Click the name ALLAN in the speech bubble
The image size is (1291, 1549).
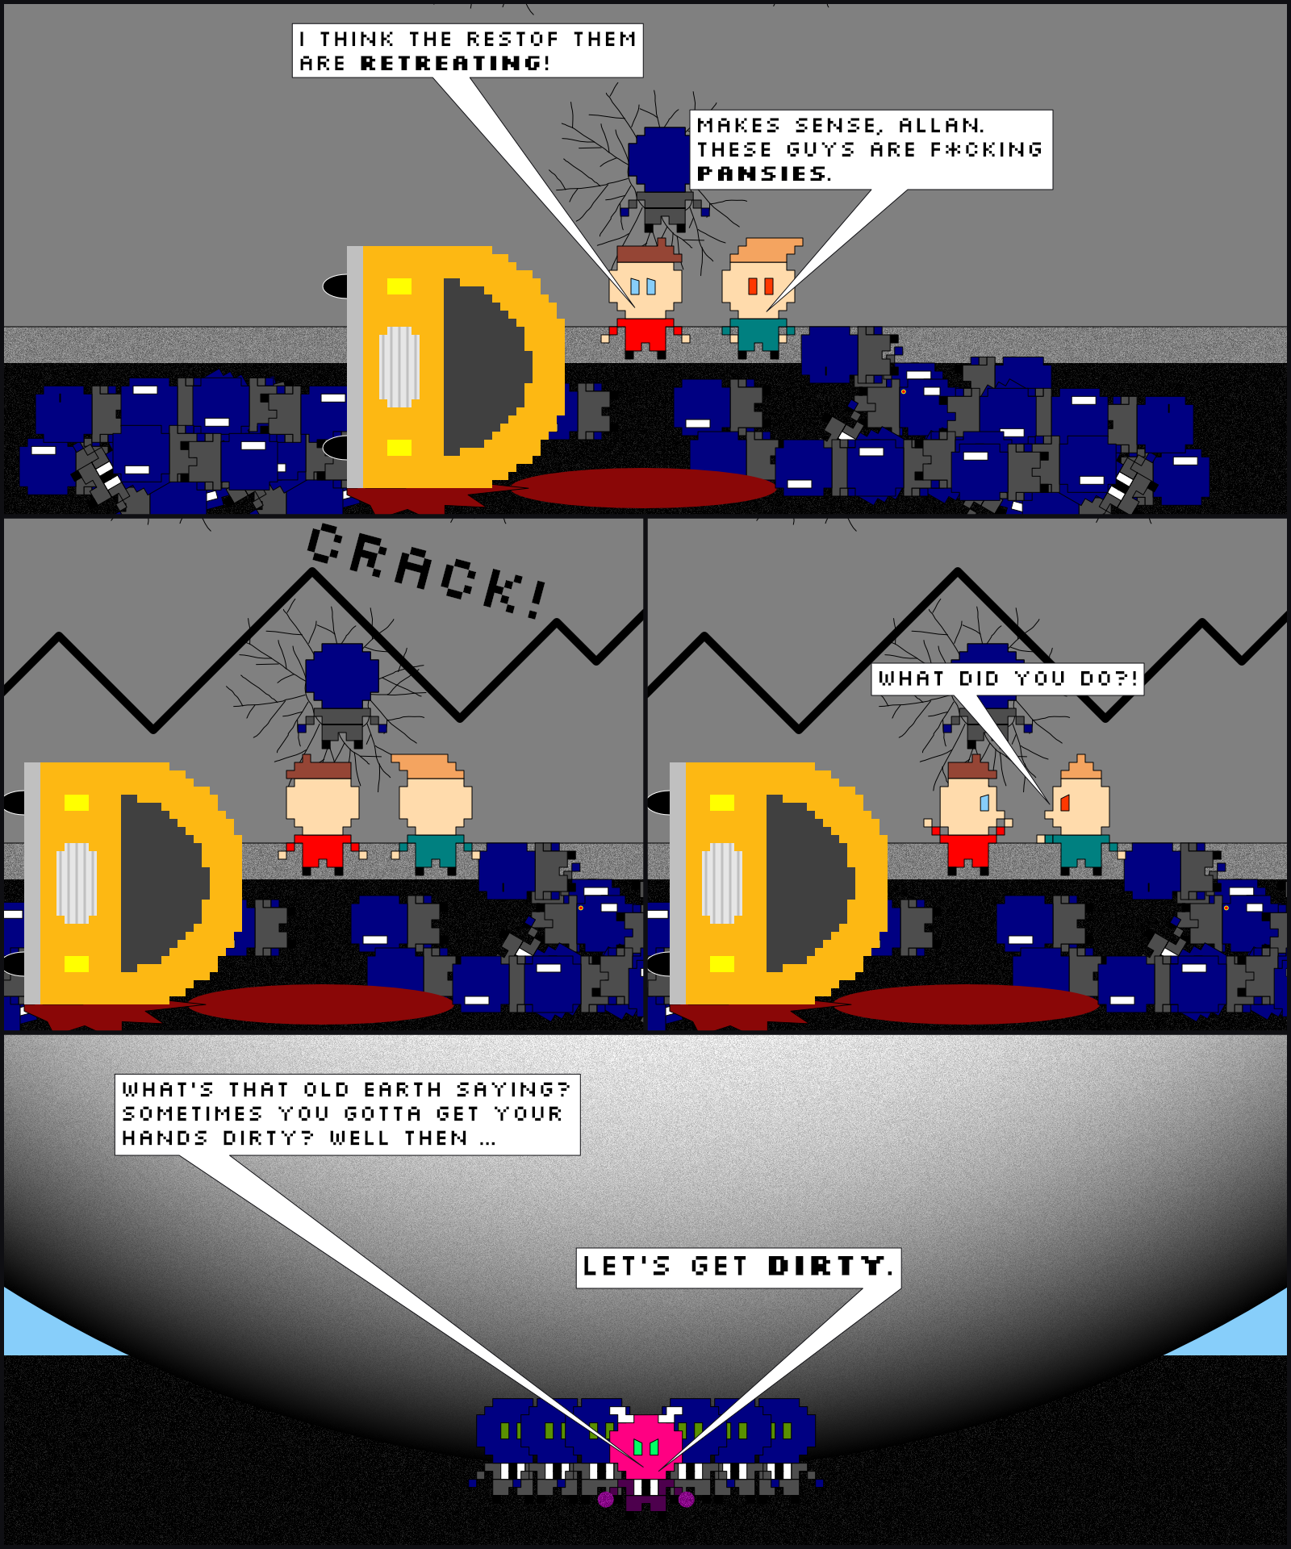click(939, 125)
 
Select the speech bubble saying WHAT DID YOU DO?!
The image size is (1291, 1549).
click(1008, 678)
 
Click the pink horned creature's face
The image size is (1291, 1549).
click(645, 1445)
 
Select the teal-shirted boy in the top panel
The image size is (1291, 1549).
click(760, 299)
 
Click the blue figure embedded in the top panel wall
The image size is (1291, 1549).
click(662, 177)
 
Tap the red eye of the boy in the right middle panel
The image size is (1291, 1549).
click(1064, 803)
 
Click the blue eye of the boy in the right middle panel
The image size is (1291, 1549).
click(984, 803)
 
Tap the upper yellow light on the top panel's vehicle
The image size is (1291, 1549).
click(399, 286)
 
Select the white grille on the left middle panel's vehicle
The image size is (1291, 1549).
click(77, 883)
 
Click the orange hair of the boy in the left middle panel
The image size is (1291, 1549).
click(427, 766)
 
